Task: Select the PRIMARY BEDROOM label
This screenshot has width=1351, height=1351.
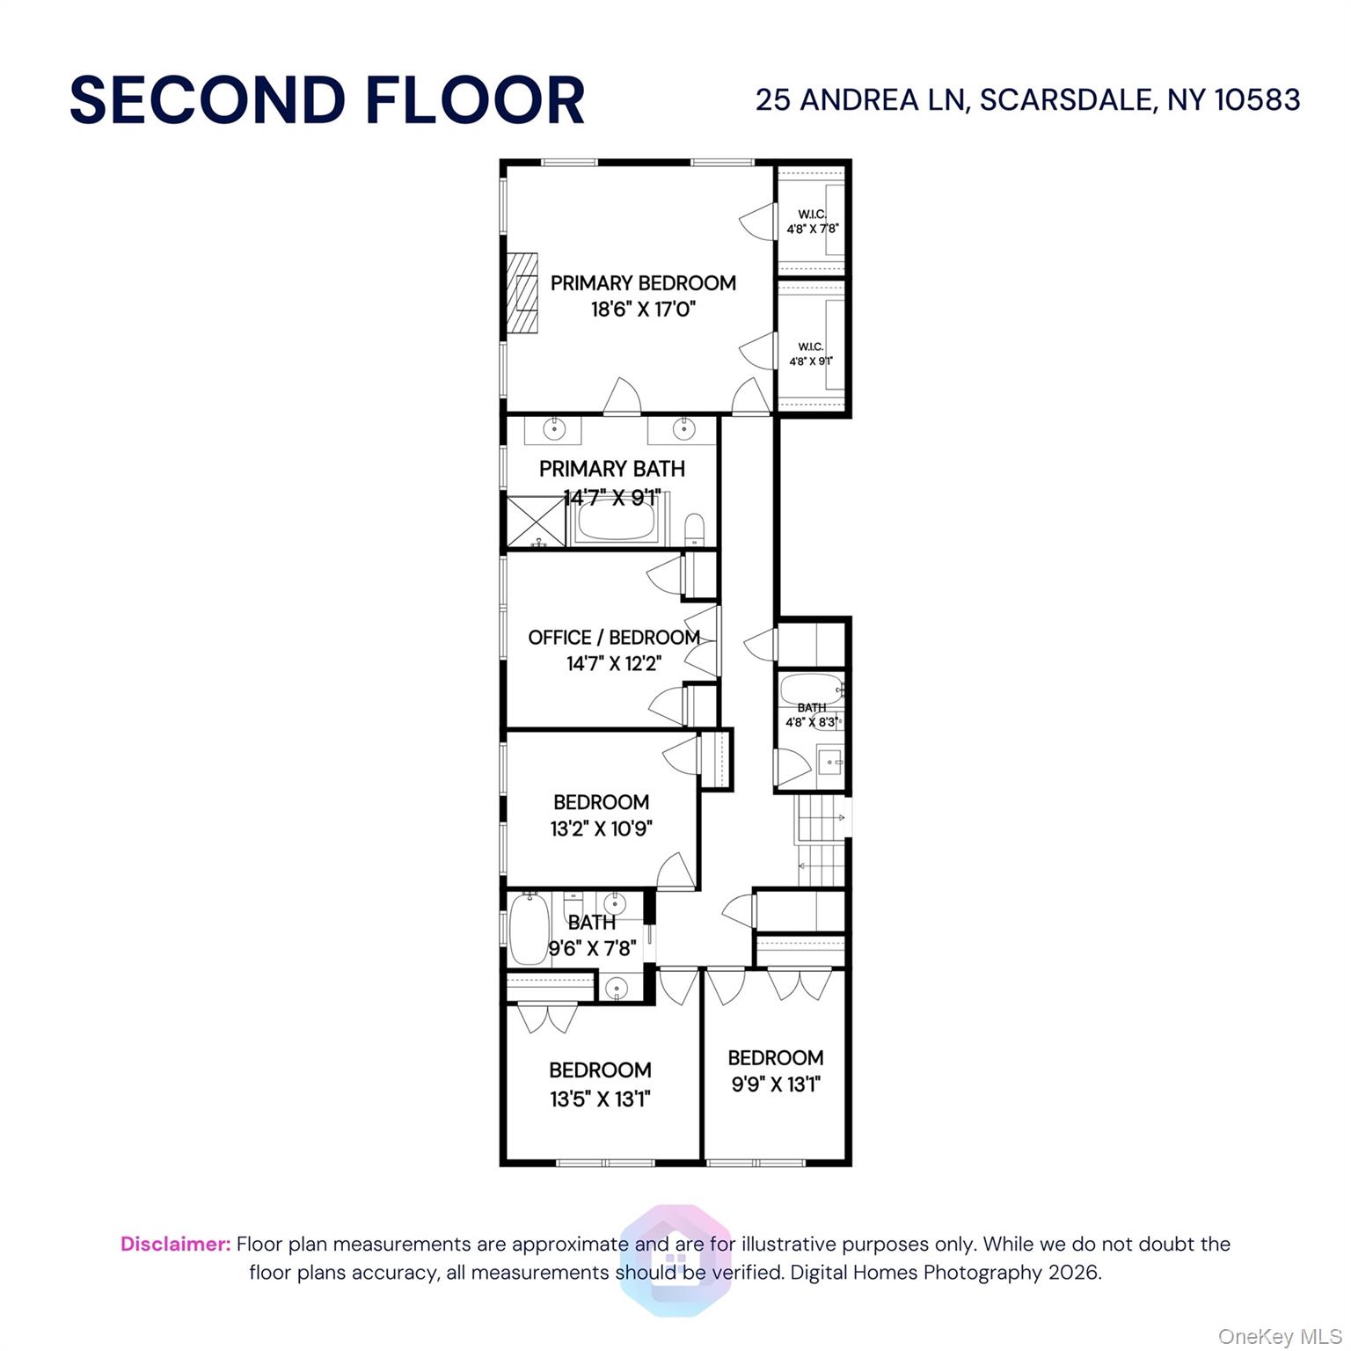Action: (x=643, y=283)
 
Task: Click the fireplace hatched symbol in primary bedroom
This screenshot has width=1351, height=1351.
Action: (x=522, y=294)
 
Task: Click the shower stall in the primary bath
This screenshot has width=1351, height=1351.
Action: (x=535, y=522)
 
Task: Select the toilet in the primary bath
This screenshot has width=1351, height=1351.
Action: (x=694, y=529)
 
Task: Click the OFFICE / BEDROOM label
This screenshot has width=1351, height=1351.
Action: (x=614, y=638)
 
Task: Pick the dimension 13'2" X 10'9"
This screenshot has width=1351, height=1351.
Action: (x=602, y=829)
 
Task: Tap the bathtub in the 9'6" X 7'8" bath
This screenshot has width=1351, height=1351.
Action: (x=529, y=930)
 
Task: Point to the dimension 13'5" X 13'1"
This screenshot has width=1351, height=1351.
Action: (x=600, y=1099)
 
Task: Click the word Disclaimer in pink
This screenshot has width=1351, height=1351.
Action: (x=175, y=1244)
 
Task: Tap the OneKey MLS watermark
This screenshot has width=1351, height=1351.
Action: (x=1279, y=1337)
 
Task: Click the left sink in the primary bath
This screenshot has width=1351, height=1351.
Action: (x=553, y=429)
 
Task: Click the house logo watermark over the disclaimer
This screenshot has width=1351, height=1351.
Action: (x=675, y=1260)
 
